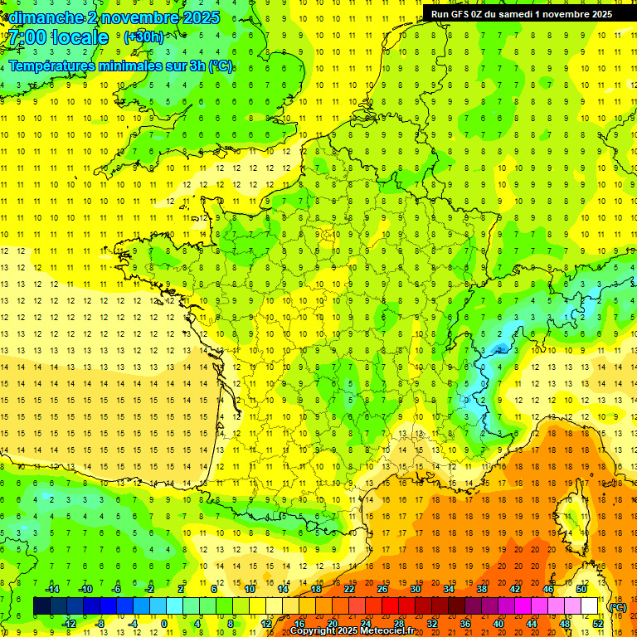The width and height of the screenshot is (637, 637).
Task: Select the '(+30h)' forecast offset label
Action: [143, 36]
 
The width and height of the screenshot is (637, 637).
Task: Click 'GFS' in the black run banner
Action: [463, 14]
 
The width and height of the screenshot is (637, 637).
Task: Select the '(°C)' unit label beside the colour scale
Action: [617, 607]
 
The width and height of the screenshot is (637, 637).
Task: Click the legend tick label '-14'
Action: [52, 589]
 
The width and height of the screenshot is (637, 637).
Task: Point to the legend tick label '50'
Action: [581, 589]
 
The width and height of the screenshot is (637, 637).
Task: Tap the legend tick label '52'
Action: [597, 624]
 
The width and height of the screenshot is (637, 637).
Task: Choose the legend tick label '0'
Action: [164, 624]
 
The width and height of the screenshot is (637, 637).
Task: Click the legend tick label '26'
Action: [382, 589]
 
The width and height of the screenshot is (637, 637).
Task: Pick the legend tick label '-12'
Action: [69, 624]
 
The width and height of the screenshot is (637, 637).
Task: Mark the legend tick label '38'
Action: [482, 589]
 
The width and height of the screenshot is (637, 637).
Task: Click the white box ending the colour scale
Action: [590, 606]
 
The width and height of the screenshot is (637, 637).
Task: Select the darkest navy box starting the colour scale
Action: [41, 606]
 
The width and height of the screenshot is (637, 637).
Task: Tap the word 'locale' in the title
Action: [80, 37]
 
